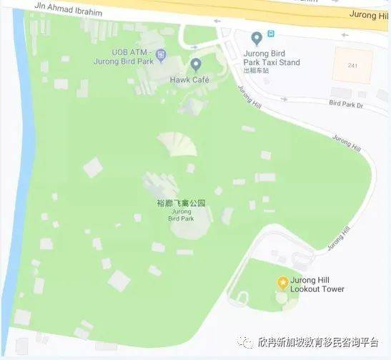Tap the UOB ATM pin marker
click(161, 53)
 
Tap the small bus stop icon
click(271, 33)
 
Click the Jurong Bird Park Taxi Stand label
click(271, 57)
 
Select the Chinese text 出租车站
click(255, 71)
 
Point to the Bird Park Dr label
click(347, 104)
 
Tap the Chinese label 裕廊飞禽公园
click(181, 203)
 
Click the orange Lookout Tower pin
click(282, 281)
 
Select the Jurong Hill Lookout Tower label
click(317, 285)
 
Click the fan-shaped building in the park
click(177, 143)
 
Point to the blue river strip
click(21, 143)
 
